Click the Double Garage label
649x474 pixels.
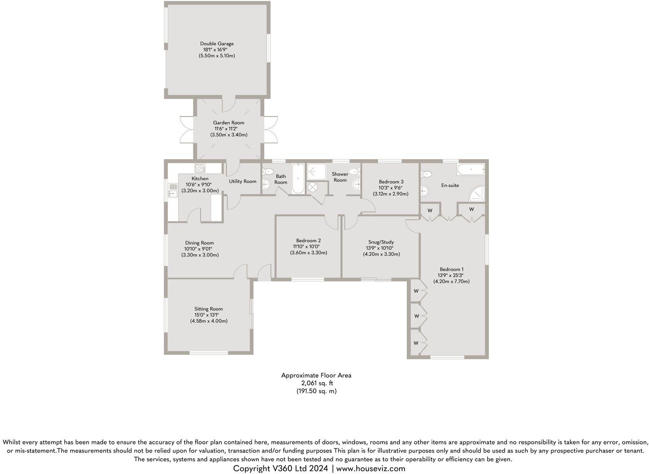click(x=216, y=43)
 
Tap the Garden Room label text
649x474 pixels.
click(x=228, y=123)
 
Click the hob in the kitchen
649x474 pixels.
click(x=200, y=168)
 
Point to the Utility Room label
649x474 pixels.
click(x=243, y=181)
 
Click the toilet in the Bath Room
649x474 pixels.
click(x=268, y=171)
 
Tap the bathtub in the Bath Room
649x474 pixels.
click(x=298, y=179)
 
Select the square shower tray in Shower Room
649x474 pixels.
click(x=316, y=171)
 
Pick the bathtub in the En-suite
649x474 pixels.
click(x=470, y=169)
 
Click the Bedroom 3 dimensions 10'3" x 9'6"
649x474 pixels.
click(x=391, y=188)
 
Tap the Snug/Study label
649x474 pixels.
click(x=381, y=242)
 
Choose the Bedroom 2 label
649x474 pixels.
click(x=308, y=241)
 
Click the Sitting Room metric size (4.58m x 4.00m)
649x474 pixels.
click(x=209, y=321)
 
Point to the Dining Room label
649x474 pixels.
click(x=199, y=243)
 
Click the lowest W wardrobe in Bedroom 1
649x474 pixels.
click(x=416, y=343)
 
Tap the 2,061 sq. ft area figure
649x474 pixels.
click(x=317, y=383)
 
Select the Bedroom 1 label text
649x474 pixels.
click(x=451, y=269)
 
